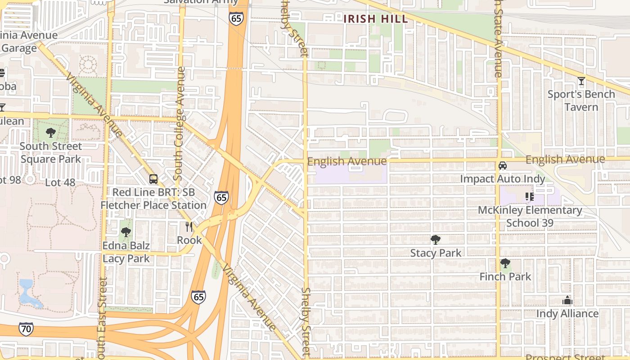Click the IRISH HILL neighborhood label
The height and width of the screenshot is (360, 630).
(376, 19)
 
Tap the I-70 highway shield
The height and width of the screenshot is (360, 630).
(26, 329)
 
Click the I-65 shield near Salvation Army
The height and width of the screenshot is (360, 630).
(236, 18)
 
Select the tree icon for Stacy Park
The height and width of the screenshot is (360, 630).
(435, 239)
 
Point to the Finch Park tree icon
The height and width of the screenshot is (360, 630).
(505, 263)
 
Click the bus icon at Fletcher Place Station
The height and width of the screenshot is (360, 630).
(153, 179)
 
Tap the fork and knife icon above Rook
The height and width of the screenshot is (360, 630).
(189, 227)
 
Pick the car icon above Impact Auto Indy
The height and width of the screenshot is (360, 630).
(503, 166)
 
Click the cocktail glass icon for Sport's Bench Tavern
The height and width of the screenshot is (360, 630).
(581, 81)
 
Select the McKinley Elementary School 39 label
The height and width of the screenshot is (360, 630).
(530, 216)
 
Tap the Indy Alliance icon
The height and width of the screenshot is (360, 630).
(567, 300)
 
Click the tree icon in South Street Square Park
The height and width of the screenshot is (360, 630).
(51, 133)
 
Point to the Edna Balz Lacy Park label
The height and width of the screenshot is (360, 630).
(126, 252)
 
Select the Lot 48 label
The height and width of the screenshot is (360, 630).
(60, 183)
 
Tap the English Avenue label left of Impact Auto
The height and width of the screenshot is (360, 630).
(347, 161)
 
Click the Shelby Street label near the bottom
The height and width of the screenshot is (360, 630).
(306, 322)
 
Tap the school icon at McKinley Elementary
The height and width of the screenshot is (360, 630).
(530, 197)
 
